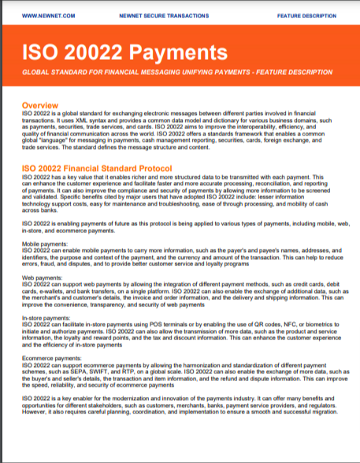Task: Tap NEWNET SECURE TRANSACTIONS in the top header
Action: (163, 15)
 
